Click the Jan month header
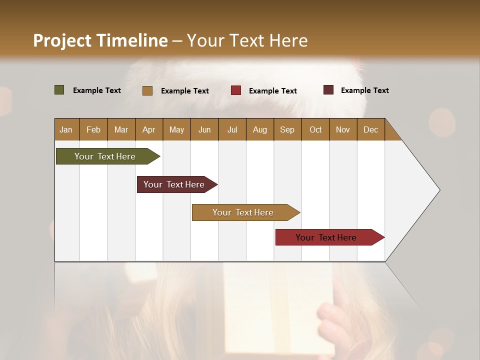(66, 130)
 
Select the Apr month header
(148, 130)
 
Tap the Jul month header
(232, 130)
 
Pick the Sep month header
(287, 130)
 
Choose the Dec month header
(370, 130)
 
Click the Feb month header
(93, 130)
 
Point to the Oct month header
(315, 130)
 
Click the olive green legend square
(59, 90)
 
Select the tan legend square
(147, 90)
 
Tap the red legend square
(236, 90)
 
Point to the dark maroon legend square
(328, 90)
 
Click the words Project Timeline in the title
(100, 40)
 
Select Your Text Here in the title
(247, 40)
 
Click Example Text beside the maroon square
(364, 90)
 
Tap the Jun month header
(204, 130)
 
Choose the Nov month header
(343, 130)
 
